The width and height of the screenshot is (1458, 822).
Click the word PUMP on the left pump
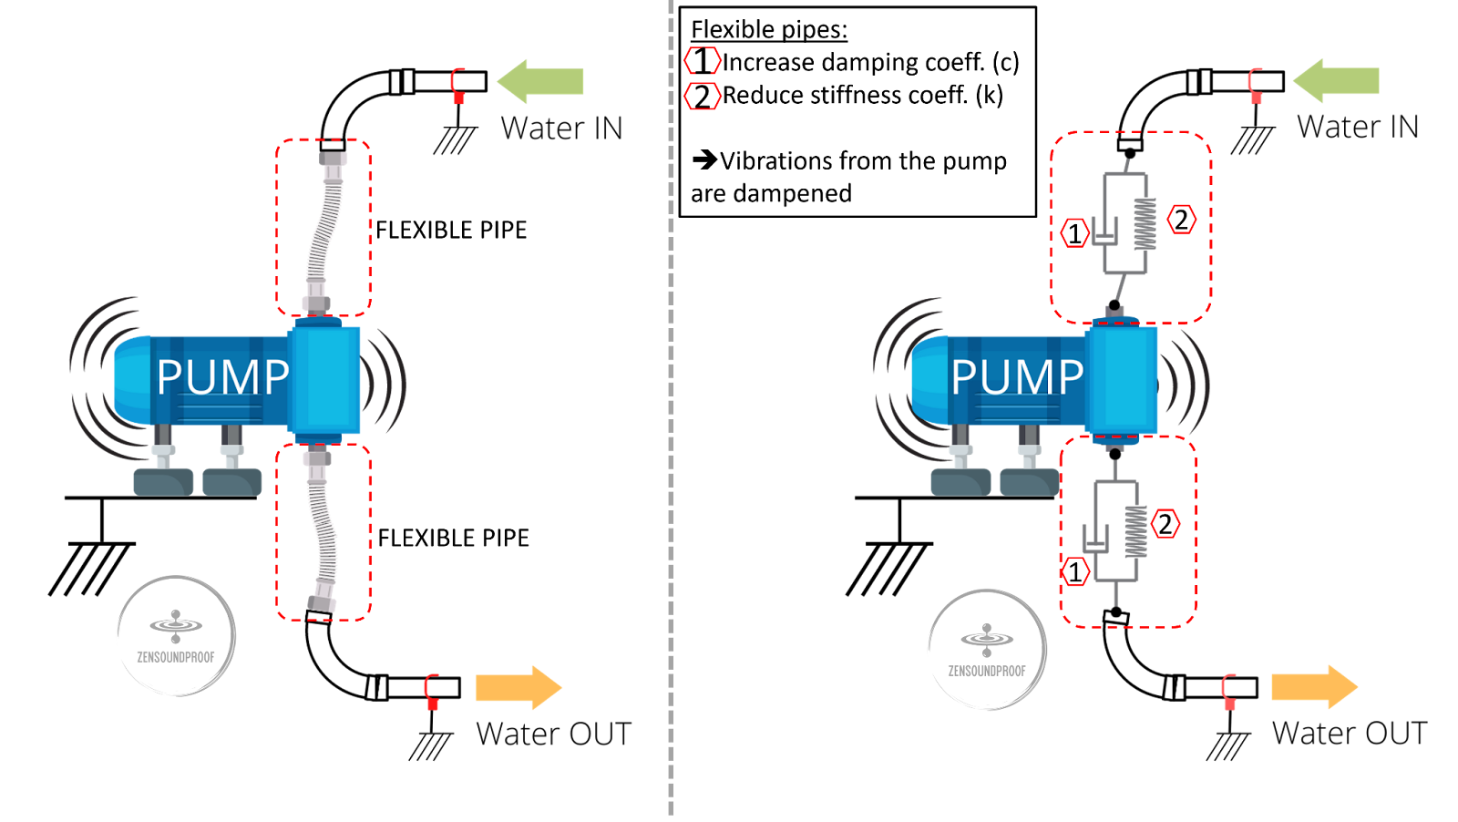[x=222, y=377]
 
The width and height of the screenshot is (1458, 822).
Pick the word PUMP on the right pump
[x=1017, y=377]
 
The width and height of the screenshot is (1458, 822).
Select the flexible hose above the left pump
[x=324, y=228]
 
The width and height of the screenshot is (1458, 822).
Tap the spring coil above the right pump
[x=1145, y=224]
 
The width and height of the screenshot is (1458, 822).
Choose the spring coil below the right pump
[x=1135, y=531]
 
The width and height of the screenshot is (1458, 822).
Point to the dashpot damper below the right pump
[x=1095, y=538]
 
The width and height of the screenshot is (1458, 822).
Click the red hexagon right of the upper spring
[x=1182, y=220]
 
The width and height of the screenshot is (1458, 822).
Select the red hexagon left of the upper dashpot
[x=1075, y=232]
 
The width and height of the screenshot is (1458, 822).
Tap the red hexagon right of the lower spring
[x=1165, y=524]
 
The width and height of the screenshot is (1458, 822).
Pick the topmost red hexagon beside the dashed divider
[x=703, y=60]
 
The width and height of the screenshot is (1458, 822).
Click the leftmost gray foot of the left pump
[x=163, y=481]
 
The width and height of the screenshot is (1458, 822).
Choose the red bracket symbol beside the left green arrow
[x=458, y=85]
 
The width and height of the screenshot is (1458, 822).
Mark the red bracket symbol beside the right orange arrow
[x=1229, y=691]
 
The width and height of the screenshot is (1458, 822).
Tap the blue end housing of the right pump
[x=1123, y=379]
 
